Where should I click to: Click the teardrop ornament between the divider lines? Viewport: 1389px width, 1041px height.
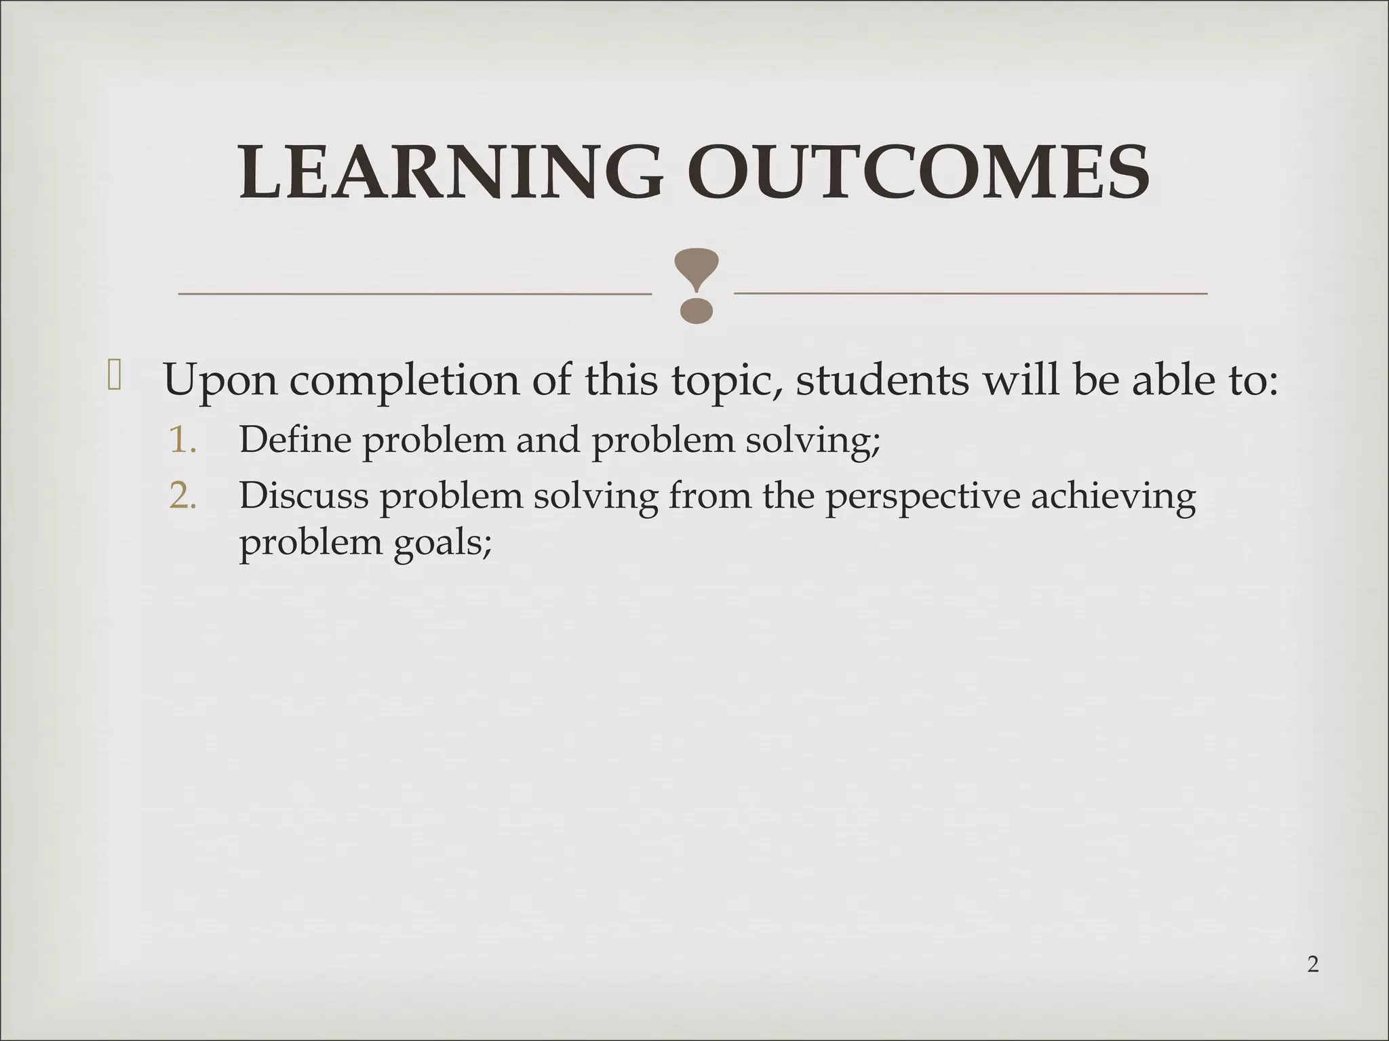(696, 285)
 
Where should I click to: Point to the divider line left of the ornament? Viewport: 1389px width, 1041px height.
(414, 294)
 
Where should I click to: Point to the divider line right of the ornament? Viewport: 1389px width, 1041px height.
(971, 293)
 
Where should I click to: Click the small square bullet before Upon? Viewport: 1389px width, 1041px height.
(114, 376)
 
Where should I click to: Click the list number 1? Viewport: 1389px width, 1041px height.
(182, 441)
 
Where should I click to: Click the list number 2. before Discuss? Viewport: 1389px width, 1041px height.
(182, 496)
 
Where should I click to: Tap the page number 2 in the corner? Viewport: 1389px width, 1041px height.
(1312, 964)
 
